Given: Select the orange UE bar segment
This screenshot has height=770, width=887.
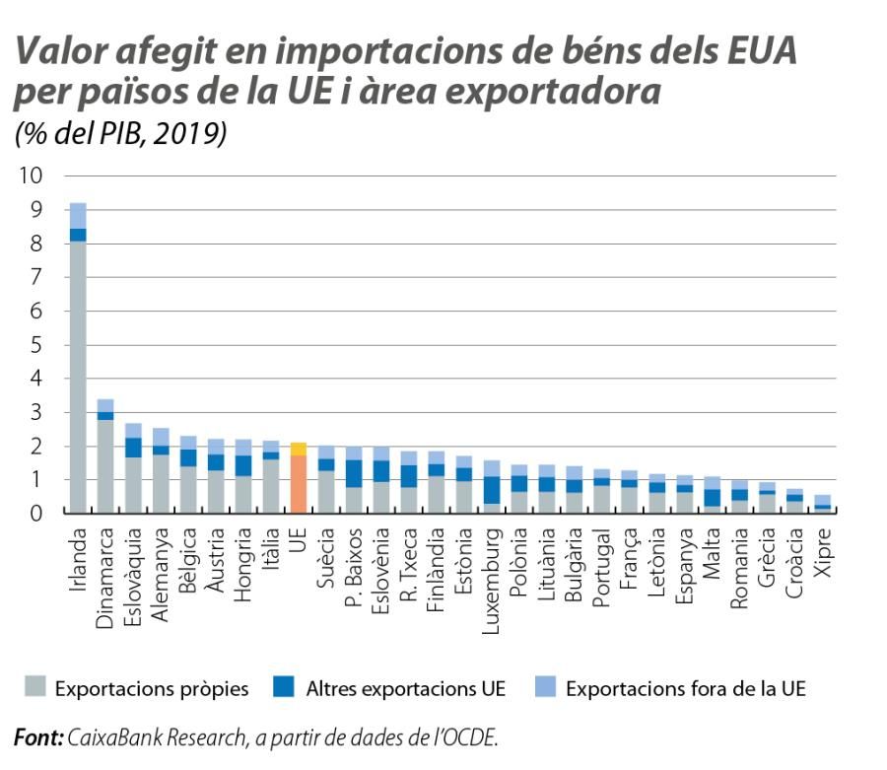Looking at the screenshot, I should click(x=299, y=484).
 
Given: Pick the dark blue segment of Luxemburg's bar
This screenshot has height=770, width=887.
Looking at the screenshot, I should click(x=491, y=490).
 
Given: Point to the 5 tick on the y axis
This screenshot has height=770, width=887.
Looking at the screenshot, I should click(x=37, y=345).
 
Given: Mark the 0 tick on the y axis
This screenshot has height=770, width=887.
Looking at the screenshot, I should click(x=37, y=514).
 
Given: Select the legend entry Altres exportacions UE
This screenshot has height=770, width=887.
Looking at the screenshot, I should click(x=404, y=688).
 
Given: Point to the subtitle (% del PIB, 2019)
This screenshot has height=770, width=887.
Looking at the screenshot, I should click(x=119, y=134).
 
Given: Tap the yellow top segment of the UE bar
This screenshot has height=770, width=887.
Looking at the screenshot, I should click(x=299, y=449).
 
